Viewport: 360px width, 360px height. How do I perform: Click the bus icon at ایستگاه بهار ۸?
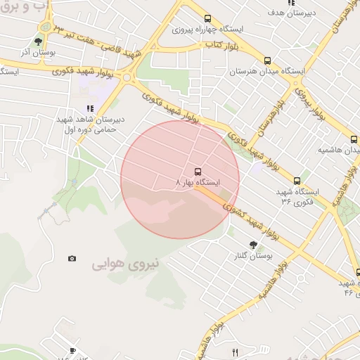pos(197,170)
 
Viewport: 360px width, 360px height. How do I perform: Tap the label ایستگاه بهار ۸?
pos(198,182)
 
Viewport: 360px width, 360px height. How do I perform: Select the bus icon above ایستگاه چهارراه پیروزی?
pos(207,18)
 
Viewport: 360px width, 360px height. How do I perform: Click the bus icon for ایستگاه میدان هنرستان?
pos(267,60)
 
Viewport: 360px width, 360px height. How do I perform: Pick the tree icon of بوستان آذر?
pos(39,41)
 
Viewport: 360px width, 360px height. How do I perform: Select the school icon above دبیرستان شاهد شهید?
pos(89,108)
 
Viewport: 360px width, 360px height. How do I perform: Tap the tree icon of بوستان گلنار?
pos(253,245)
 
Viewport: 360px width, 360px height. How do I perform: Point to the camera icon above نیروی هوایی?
pos(72,259)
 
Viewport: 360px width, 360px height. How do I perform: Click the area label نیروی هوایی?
pos(126,264)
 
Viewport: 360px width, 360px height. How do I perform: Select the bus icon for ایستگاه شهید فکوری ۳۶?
pos(296,180)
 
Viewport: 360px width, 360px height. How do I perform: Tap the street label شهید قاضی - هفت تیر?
pos(98,41)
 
